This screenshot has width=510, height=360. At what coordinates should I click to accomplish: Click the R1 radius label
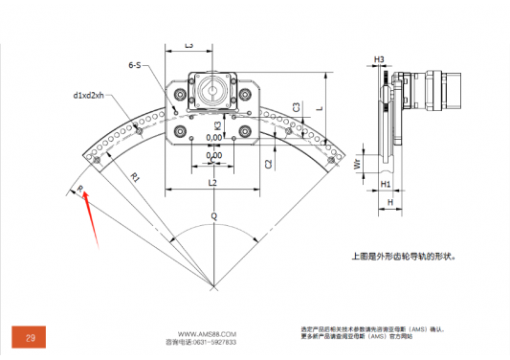136,177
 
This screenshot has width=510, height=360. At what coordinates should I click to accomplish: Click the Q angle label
213,217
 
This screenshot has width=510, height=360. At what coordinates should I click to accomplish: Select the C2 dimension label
268,164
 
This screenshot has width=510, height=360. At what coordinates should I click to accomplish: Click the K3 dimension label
218,125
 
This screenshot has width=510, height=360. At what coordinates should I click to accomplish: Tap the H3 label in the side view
379,59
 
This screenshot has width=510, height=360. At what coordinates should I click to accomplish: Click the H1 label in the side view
386,183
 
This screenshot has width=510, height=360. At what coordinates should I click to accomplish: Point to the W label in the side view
357,164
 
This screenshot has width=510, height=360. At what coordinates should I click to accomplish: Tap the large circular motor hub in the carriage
211,93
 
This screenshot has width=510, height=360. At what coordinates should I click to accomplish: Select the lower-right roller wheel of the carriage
246,131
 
